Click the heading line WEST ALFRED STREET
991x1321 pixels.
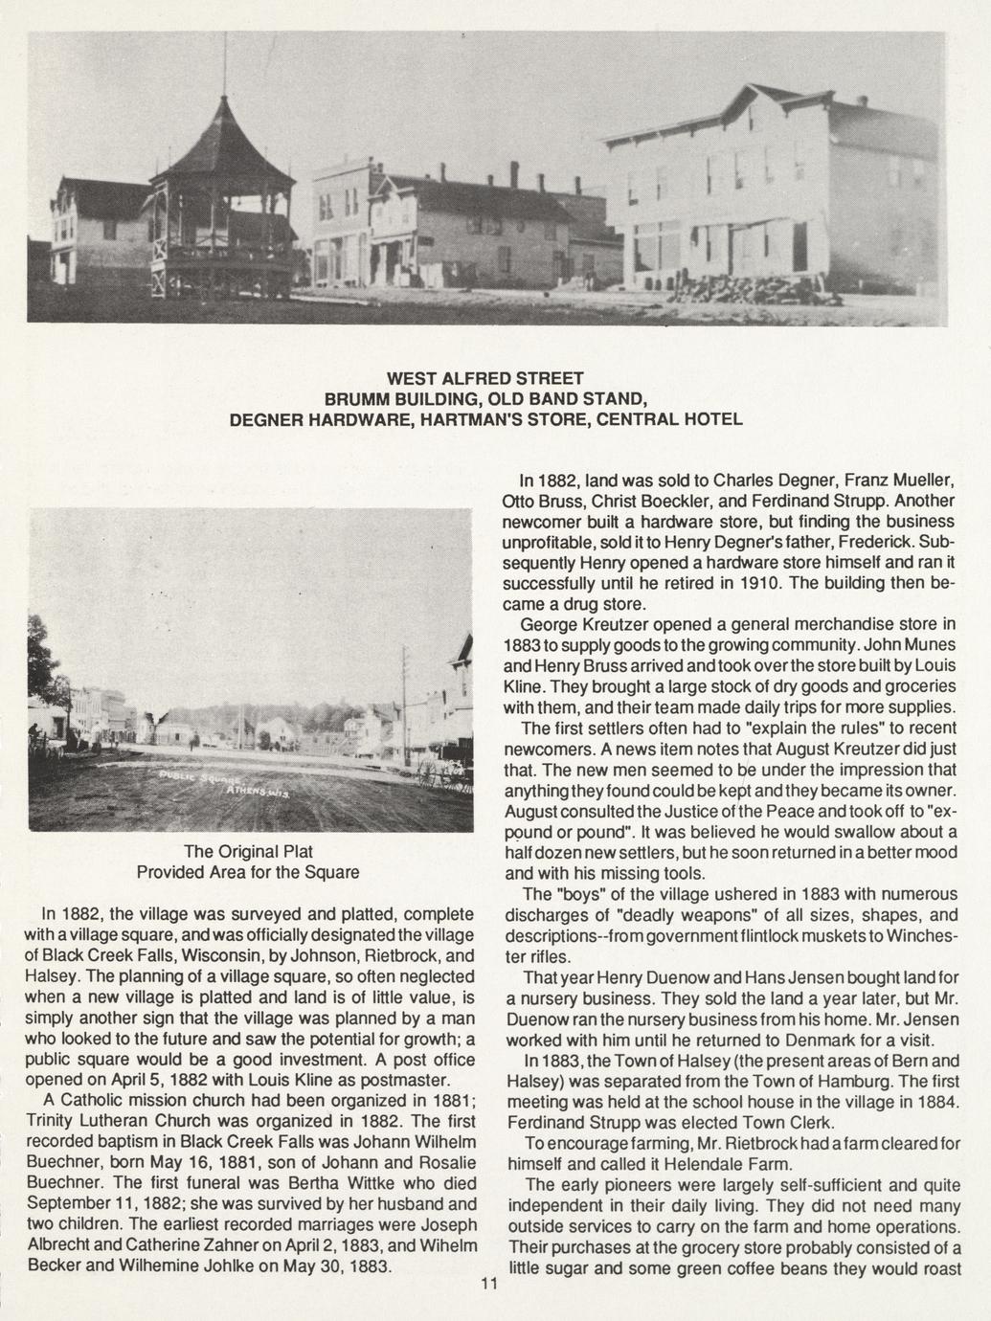point(485,377)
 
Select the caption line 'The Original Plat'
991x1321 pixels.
point(248,851)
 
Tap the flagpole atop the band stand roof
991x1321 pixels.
point(225,62)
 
